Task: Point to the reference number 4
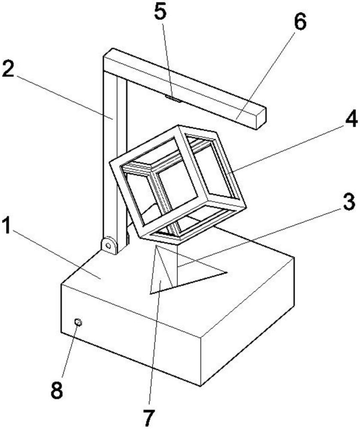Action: click(x=351, y=118)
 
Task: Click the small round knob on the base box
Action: click(x=78, y=323)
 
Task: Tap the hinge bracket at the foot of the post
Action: click(x=109, y=245)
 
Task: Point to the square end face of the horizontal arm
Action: click(x=261, y=118)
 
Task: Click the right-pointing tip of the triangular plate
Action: click(x=227, y=272)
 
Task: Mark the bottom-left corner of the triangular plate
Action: click(x=150, y=293)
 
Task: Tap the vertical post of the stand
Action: click(x=114, y=153)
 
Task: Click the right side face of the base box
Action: click(x=247, y=321)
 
